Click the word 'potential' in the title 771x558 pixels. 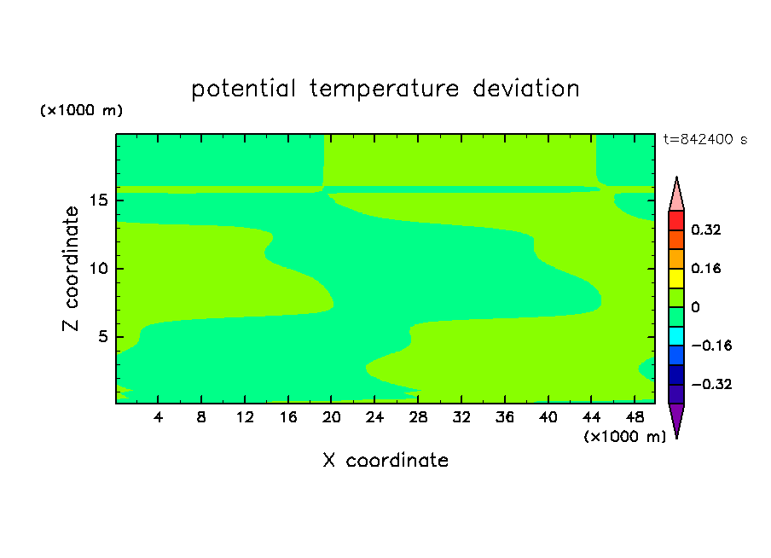[243, 90]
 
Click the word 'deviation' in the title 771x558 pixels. [525, 89]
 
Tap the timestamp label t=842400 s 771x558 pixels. [705, 139]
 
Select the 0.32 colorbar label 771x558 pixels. [705, 230]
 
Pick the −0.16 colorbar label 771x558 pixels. [711, 346]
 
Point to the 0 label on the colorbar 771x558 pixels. [695, 307]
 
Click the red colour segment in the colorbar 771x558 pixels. [676, 220]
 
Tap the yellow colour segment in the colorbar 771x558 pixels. [676, 278]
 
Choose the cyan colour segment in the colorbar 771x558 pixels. [676, 336]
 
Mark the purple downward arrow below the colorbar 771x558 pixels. [676, 420]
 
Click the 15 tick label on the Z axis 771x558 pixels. [99, 201]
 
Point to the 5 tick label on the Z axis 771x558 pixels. [102, 336]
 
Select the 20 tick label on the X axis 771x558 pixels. [332, 417]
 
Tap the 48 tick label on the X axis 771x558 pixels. [635, 417]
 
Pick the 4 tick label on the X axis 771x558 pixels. [158, 417]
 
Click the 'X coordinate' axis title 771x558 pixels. [385, 460]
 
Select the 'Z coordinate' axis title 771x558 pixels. [71, 269]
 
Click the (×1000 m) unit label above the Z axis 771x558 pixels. [81, 110]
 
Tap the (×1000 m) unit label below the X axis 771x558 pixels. [624, 437]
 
